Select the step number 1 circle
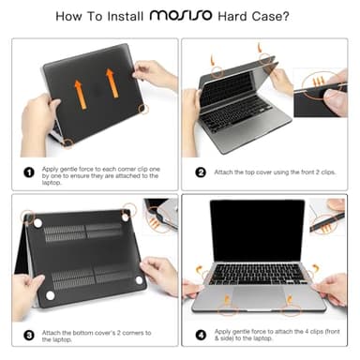[31, 172]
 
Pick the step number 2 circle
[201, 172]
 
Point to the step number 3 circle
[31, 333]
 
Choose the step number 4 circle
[201, 333]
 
